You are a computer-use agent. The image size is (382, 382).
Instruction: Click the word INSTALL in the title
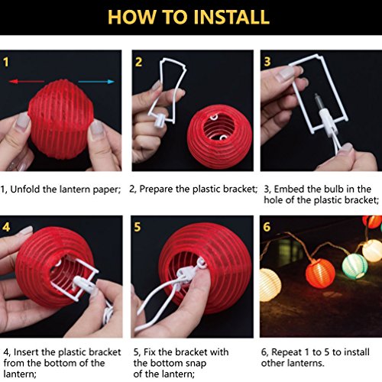231,17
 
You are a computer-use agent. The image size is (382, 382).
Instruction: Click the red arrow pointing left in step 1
26,82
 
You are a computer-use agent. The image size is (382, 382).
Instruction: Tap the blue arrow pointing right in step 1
96,82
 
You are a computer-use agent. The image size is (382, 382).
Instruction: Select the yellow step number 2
138,62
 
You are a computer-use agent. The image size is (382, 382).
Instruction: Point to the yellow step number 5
138,227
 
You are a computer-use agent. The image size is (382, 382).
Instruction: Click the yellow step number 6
267,227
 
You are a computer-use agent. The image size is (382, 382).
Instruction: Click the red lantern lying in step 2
219,136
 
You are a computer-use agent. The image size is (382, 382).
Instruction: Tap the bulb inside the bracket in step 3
319,102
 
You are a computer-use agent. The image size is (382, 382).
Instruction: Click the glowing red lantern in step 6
320,274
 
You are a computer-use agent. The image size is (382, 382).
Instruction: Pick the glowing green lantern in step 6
354,266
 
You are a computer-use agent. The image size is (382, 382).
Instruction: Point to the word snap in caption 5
196,364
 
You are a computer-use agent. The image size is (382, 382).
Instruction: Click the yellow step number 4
6,227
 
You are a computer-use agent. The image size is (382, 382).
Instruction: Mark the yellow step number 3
267,62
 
